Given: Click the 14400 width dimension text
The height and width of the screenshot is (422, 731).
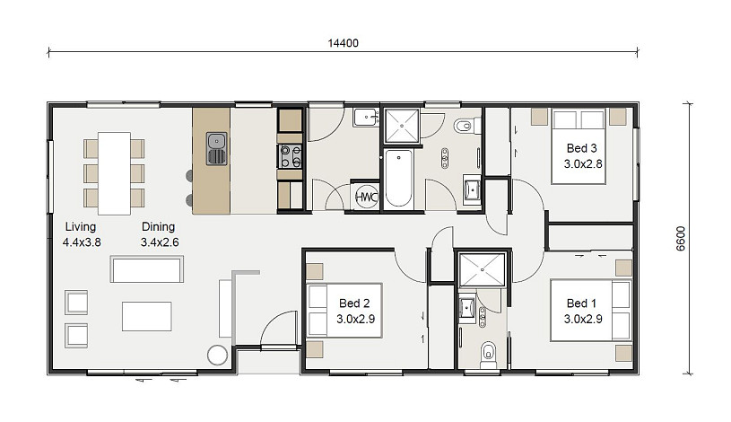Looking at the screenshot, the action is (x=344, y=43).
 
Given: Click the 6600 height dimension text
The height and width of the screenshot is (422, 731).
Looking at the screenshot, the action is (x=681, y=239).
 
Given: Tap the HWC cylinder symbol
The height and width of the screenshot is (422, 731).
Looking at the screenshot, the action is (x=367, y=197).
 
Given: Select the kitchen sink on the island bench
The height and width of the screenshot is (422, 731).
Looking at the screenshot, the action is (x=217, y=148).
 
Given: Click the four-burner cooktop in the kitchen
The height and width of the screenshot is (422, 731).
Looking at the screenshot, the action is (x=290, y=156).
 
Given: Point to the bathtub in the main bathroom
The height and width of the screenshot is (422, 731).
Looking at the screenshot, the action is (x=398, y=179).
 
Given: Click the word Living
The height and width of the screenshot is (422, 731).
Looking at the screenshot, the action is (x=80, y=226).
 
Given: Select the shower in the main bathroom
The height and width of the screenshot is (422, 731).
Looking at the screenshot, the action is (x=402, y=125).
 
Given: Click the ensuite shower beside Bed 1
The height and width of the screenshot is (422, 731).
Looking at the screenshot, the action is (x=482, y=269).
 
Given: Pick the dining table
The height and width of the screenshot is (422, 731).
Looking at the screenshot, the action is (x=114, y=173).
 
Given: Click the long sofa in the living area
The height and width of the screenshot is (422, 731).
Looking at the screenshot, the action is (x=147, y=268).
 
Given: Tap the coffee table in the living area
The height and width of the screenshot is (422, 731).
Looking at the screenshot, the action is (x=147, y=316).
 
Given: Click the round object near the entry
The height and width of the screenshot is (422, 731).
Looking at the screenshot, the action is (x=217, y=355).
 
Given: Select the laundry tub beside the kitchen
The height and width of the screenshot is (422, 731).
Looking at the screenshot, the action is (x=366, y=117).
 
